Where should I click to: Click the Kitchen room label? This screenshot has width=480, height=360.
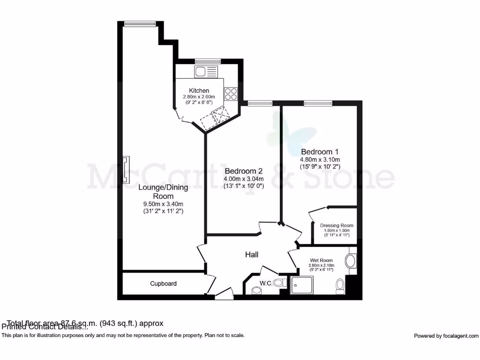click(x=199, y=90)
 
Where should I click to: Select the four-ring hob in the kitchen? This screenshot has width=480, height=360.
click(x=231, y=94)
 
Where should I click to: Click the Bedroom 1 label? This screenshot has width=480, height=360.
click(x=320, y=152)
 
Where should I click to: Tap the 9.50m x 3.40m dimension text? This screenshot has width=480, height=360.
click(x=163, y=204)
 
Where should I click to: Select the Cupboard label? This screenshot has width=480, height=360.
click(x=163, y=284)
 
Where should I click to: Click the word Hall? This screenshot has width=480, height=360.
click(x=252, y=255)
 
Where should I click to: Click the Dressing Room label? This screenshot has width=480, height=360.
click(x=337, y=225)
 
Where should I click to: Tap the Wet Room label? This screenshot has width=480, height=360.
click(x=321, y=260)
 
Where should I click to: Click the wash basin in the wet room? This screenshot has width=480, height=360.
click(x=351, y=260)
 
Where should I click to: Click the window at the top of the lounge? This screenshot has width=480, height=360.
click(x=140, y=23)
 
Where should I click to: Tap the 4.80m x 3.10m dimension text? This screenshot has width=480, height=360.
click(x=320, y=160)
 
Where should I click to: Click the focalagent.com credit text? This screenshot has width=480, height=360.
click(x=446, y=336)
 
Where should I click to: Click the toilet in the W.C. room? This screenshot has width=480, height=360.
click(x=279, y=283)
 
